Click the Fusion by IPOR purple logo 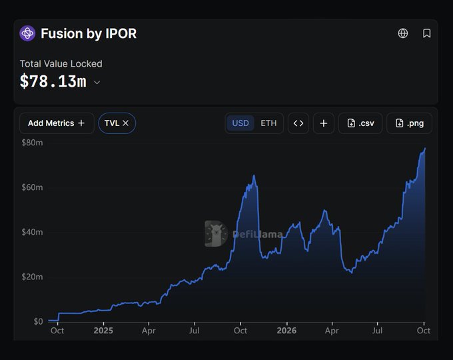[27, 33]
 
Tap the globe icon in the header [403, 33]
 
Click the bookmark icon [427, 33]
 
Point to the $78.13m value [53, 81]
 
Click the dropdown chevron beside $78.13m [97, 83]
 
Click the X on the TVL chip [125, 123]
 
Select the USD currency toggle [240, 123]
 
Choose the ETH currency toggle [268, 123]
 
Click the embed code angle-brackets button [298, 123]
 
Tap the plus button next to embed [324, 123]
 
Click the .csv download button [360, 123]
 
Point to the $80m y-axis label [32, 143]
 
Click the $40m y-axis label [32, 232]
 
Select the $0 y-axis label [38, 321]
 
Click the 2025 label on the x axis [103, 331]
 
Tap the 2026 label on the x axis [286, 331]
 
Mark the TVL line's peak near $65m [254, 175]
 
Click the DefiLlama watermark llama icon [216, 233]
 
